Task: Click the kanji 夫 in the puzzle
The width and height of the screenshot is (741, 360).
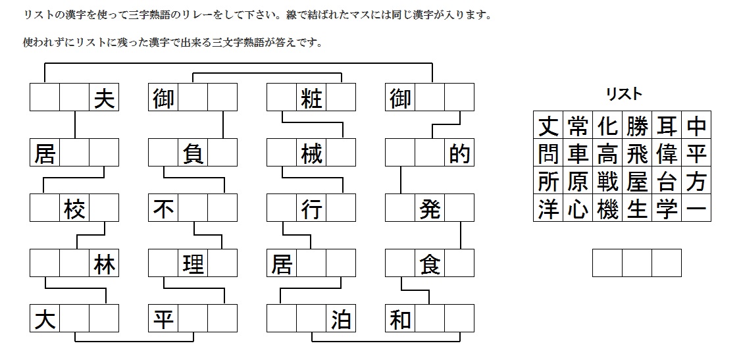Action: click(x=103, y=98)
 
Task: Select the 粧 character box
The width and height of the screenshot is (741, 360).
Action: click(x=311, y=98)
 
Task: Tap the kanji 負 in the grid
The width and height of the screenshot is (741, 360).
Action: click(x=192, y=153)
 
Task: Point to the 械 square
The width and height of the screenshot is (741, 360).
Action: click(x=311, y=153)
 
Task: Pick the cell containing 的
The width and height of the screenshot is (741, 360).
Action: click(x=459, y=153)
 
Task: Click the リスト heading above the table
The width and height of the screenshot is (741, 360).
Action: click(x=623, y=94)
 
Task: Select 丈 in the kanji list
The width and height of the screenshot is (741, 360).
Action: click(x=548, y=125)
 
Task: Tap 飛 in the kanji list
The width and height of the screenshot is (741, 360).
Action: click(x=637, y=153)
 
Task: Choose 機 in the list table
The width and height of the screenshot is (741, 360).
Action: click(x=607, y=208)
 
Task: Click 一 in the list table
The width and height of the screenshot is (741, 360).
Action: click(x=696, y=208)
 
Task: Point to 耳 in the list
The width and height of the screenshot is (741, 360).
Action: click(x=667, y=125)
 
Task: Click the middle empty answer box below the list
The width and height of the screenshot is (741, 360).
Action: click(x=637, y=263)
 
